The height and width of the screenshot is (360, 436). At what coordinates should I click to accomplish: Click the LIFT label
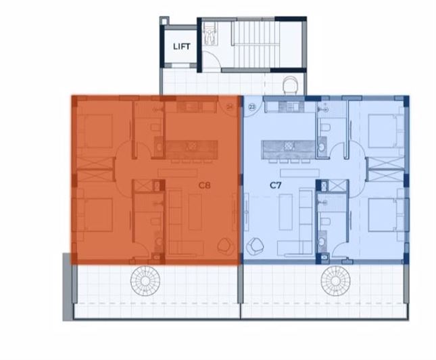coord(181,47)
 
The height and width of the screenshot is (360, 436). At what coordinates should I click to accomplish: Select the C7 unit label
coord(275,184)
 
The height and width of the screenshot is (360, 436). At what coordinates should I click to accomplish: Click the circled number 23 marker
coord(252,106)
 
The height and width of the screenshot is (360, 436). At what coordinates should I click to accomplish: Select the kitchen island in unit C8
coord(192,148)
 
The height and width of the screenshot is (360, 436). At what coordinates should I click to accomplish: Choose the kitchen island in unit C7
coord(289,148)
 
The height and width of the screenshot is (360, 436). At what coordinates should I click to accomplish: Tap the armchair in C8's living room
coord(224,245)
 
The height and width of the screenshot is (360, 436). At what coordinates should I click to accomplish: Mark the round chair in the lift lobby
coord(290,85)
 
